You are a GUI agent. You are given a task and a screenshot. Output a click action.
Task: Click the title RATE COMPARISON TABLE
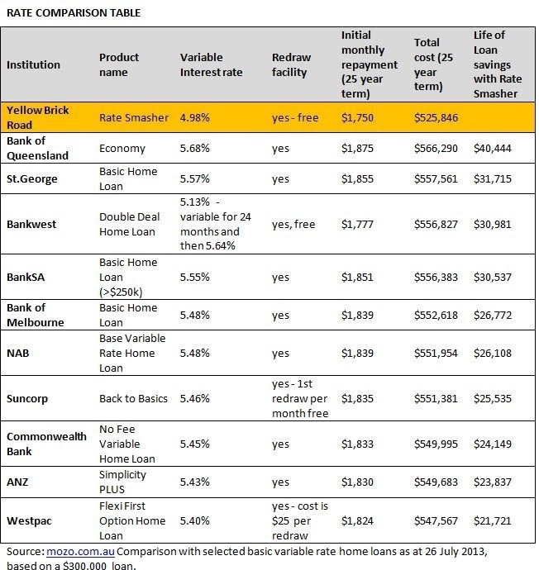pyautogui.click(x=74, y=13)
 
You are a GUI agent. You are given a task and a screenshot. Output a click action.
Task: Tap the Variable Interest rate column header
pyautogui.click(x=211, y=64)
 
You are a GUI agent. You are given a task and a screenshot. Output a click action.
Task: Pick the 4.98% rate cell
pyautogui.click(x=195, y=118)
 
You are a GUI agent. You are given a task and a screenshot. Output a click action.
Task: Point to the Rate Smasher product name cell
pyautogui.click(x=132, y=118)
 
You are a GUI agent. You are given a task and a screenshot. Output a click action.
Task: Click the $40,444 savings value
pyautogui.click(x=494, y=149)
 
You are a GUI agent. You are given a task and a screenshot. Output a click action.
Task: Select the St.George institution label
pyautogui.click(x=33, y=178)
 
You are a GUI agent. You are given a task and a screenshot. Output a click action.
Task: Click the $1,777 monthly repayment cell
pyautogui.click(x=357, y=225)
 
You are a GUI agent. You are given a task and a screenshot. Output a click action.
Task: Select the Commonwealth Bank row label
pyautogui.click(x=47, y=444)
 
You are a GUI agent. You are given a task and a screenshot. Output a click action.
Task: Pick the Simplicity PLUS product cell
pyautogui.click(x=122, y=481)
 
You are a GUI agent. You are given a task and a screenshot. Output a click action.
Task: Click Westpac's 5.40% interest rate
pyautogui.click(x=195, y=521)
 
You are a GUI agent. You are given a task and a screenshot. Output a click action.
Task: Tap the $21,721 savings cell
pyautogui.click(x=494, y=521)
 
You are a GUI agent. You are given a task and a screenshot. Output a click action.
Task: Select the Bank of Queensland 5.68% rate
pyautogui.click(x=195, y=149)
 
